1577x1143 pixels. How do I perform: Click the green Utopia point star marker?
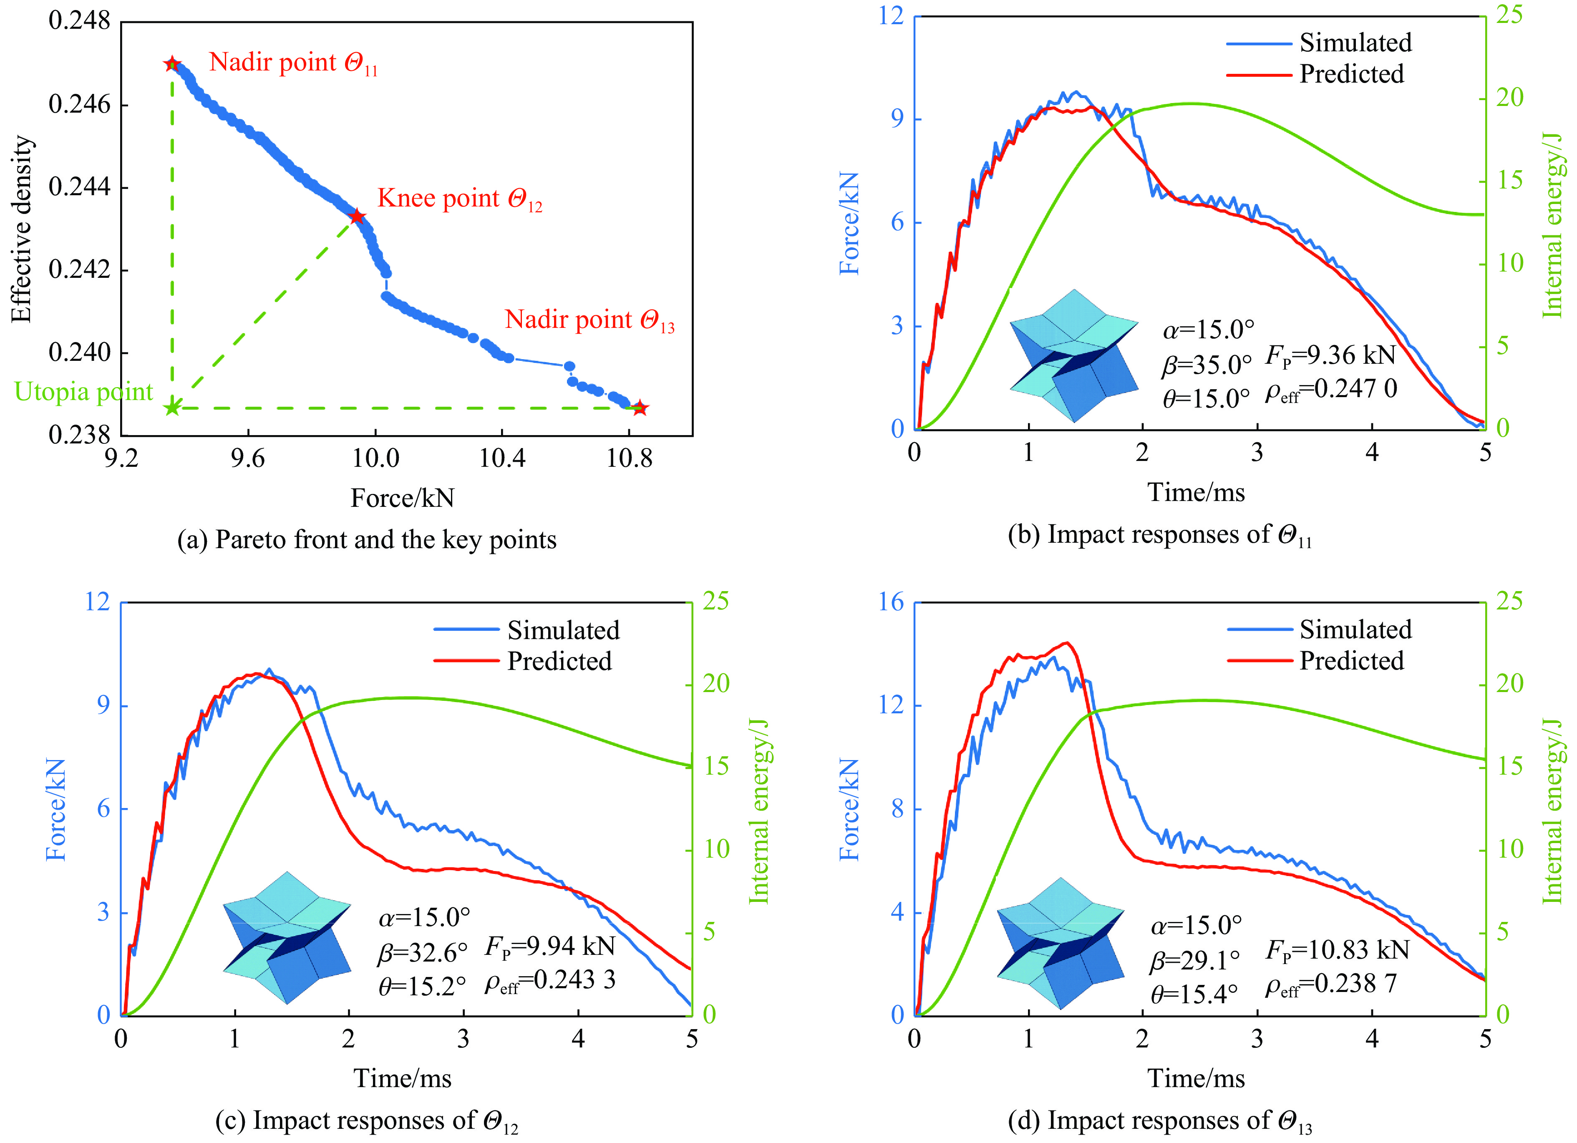click(172, 408)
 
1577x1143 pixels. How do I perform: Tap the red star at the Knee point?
click(357, 217)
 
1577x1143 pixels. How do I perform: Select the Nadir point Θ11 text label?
click(293, 63)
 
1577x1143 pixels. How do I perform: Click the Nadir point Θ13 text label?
click(589, 320)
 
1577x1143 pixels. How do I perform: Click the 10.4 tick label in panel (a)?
click(502, 458)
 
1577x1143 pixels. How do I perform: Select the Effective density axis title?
click(22, 229)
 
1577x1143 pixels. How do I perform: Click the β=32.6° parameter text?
click(423, 952)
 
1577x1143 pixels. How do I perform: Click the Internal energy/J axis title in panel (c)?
click(758, 811)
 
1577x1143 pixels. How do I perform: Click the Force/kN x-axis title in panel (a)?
click(402, 498)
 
